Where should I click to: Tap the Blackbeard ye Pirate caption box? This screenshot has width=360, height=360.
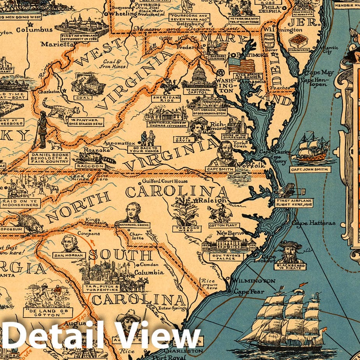(290, 267)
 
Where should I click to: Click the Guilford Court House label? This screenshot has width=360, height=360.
(165, 181)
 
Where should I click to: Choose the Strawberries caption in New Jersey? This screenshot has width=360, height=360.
(299, 50)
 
